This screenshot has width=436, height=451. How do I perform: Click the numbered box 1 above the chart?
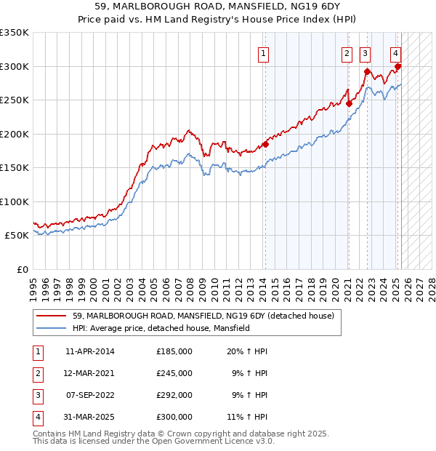point(262,52)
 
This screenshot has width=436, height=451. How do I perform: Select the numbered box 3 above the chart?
point(364,52)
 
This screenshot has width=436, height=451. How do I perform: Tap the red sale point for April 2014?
point(265,144)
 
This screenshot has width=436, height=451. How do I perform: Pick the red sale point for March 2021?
point(349,103)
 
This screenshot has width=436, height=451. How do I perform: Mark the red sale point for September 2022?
point(367,72)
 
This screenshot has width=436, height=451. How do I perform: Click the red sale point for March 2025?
point(398,66)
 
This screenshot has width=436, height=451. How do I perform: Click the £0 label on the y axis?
point(22,269)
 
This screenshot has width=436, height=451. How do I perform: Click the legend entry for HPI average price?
point(161,329)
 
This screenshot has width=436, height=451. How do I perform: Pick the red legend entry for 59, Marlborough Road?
point(203,316)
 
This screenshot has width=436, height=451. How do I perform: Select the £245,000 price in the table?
point(174,373)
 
